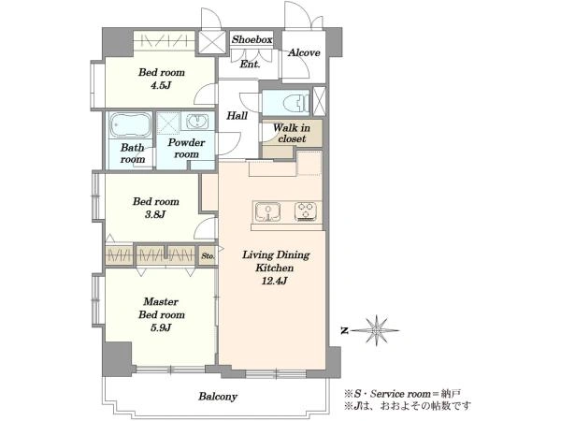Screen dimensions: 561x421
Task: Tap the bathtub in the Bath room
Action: pyautogui.click(x=130, y=125)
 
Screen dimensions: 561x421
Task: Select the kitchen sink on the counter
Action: pyautogui.click(x=267, y=211)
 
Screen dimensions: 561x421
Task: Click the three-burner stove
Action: pyautogui.click(x=306, y=211)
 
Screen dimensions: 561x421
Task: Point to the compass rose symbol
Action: pyautogui.click(x=377, y=330)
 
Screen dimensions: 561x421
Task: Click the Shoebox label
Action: pyautogui.click(x=252, y=39)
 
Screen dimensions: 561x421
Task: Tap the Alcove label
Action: pyautogui.click(x=304, y=53)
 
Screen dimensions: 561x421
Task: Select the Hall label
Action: pyautogui.click(x=237, y=116)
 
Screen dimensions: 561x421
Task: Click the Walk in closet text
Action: pyautogui.click(x=292, y=133)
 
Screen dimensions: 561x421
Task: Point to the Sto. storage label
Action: pyautogui.click(x=208, y=256)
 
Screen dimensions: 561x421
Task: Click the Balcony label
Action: pyautogui.click(x=218, y=397)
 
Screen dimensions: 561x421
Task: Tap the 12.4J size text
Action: pyautogui.click(x=274, y=281)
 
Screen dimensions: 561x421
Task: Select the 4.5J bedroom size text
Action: pyautogui.click(x=161, y=85)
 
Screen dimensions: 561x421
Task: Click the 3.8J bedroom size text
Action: pyautogui.click(x=155, y=214)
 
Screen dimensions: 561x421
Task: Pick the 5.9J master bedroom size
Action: pyautogui.click(x=161, y=327)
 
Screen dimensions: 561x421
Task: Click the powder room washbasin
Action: pyautogui.click(x=196, y=121)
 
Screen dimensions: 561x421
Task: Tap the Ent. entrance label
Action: pyautogui.click(x=250, y=65)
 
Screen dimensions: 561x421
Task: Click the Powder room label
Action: pyautogui.click(x=186, y=148)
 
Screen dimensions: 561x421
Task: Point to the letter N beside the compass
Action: pyautogui.click(x=344, y=331)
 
